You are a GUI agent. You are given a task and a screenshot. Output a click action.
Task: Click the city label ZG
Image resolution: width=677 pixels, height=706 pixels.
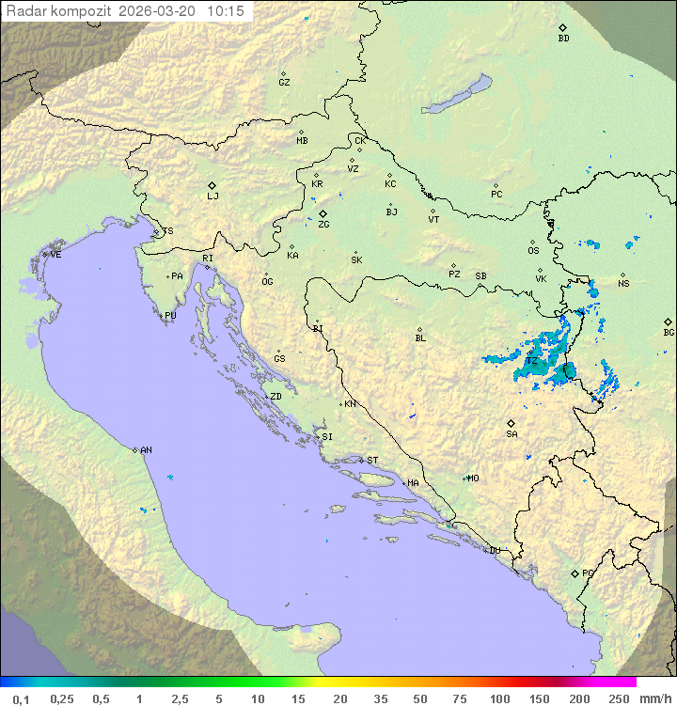tap(323, 226)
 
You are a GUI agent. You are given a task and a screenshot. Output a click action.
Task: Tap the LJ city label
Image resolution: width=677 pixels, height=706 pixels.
tap(213, 196)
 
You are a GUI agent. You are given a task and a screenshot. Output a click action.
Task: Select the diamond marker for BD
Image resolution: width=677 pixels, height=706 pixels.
tap(563, 27)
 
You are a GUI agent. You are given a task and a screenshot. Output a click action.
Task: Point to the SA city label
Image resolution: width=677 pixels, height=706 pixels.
tap(512, 434)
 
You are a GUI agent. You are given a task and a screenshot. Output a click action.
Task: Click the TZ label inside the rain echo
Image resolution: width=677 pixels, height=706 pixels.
tap(531, 361)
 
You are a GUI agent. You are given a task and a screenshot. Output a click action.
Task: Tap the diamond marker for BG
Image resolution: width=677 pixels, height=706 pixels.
tap(669, 322)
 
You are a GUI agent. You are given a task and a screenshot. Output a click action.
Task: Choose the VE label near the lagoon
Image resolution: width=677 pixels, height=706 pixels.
tap(55, 255)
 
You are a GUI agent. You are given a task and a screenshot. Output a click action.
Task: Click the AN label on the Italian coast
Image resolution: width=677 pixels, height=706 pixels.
tap(146, 451)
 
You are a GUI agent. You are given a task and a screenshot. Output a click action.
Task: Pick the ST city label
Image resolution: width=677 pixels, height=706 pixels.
tap(372, 461)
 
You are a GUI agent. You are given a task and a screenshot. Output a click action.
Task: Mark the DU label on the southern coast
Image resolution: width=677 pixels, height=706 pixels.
tap(495, 551)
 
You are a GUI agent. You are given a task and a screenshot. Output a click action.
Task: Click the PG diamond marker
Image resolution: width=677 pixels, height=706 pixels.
tap(575, 573)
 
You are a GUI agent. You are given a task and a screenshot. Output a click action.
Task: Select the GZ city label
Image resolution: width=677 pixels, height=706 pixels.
tap(284, 83)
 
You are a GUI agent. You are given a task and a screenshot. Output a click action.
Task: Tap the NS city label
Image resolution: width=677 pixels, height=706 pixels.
tap(623, 284)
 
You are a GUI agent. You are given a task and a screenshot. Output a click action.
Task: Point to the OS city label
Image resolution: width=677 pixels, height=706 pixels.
tap(533, 251)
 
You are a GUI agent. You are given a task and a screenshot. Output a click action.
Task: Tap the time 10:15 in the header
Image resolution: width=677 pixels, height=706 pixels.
tap(226, 11)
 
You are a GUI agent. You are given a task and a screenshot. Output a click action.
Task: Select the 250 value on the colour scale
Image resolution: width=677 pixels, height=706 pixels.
tap(619, 698)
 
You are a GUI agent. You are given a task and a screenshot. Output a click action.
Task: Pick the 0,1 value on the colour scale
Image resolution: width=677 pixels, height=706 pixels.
tap(21, 698)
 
